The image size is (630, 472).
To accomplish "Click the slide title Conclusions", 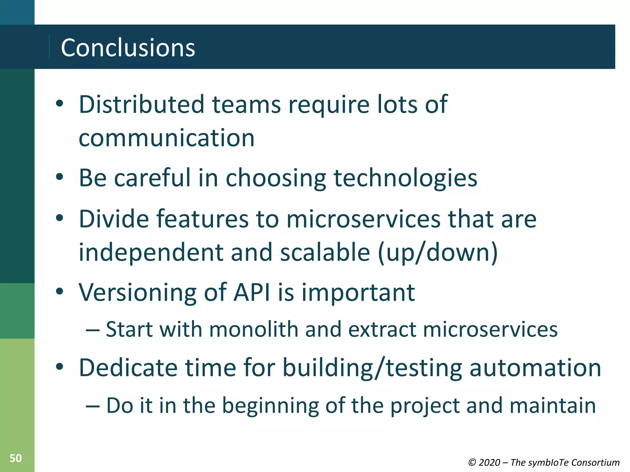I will (x=128, y=48).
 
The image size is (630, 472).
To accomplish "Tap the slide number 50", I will (x=16, y=458).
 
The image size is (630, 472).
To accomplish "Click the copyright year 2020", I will (x=489, y=462).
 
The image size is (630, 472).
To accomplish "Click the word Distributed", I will (x=142, y=104).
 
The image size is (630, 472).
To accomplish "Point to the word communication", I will (x=166, y=138).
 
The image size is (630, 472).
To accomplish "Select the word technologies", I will (x=405, y=178).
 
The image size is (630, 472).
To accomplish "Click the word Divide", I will (x=114, y=219).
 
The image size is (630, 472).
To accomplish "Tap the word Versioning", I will (x=137, y=293).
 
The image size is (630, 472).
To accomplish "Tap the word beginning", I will (x=270, y=406).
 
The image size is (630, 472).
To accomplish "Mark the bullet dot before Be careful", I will (x=60, y=177).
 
